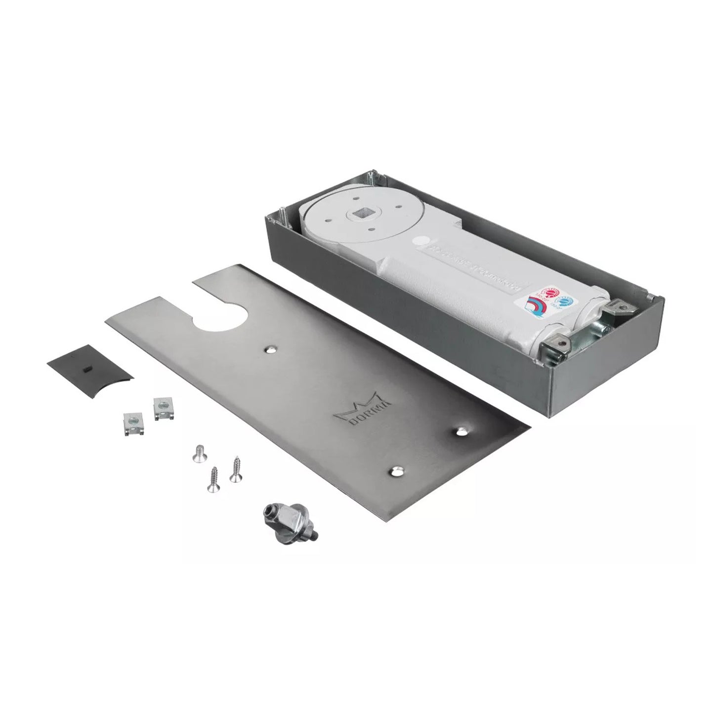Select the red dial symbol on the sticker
click(547, 294)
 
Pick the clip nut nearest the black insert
click(131, 423)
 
